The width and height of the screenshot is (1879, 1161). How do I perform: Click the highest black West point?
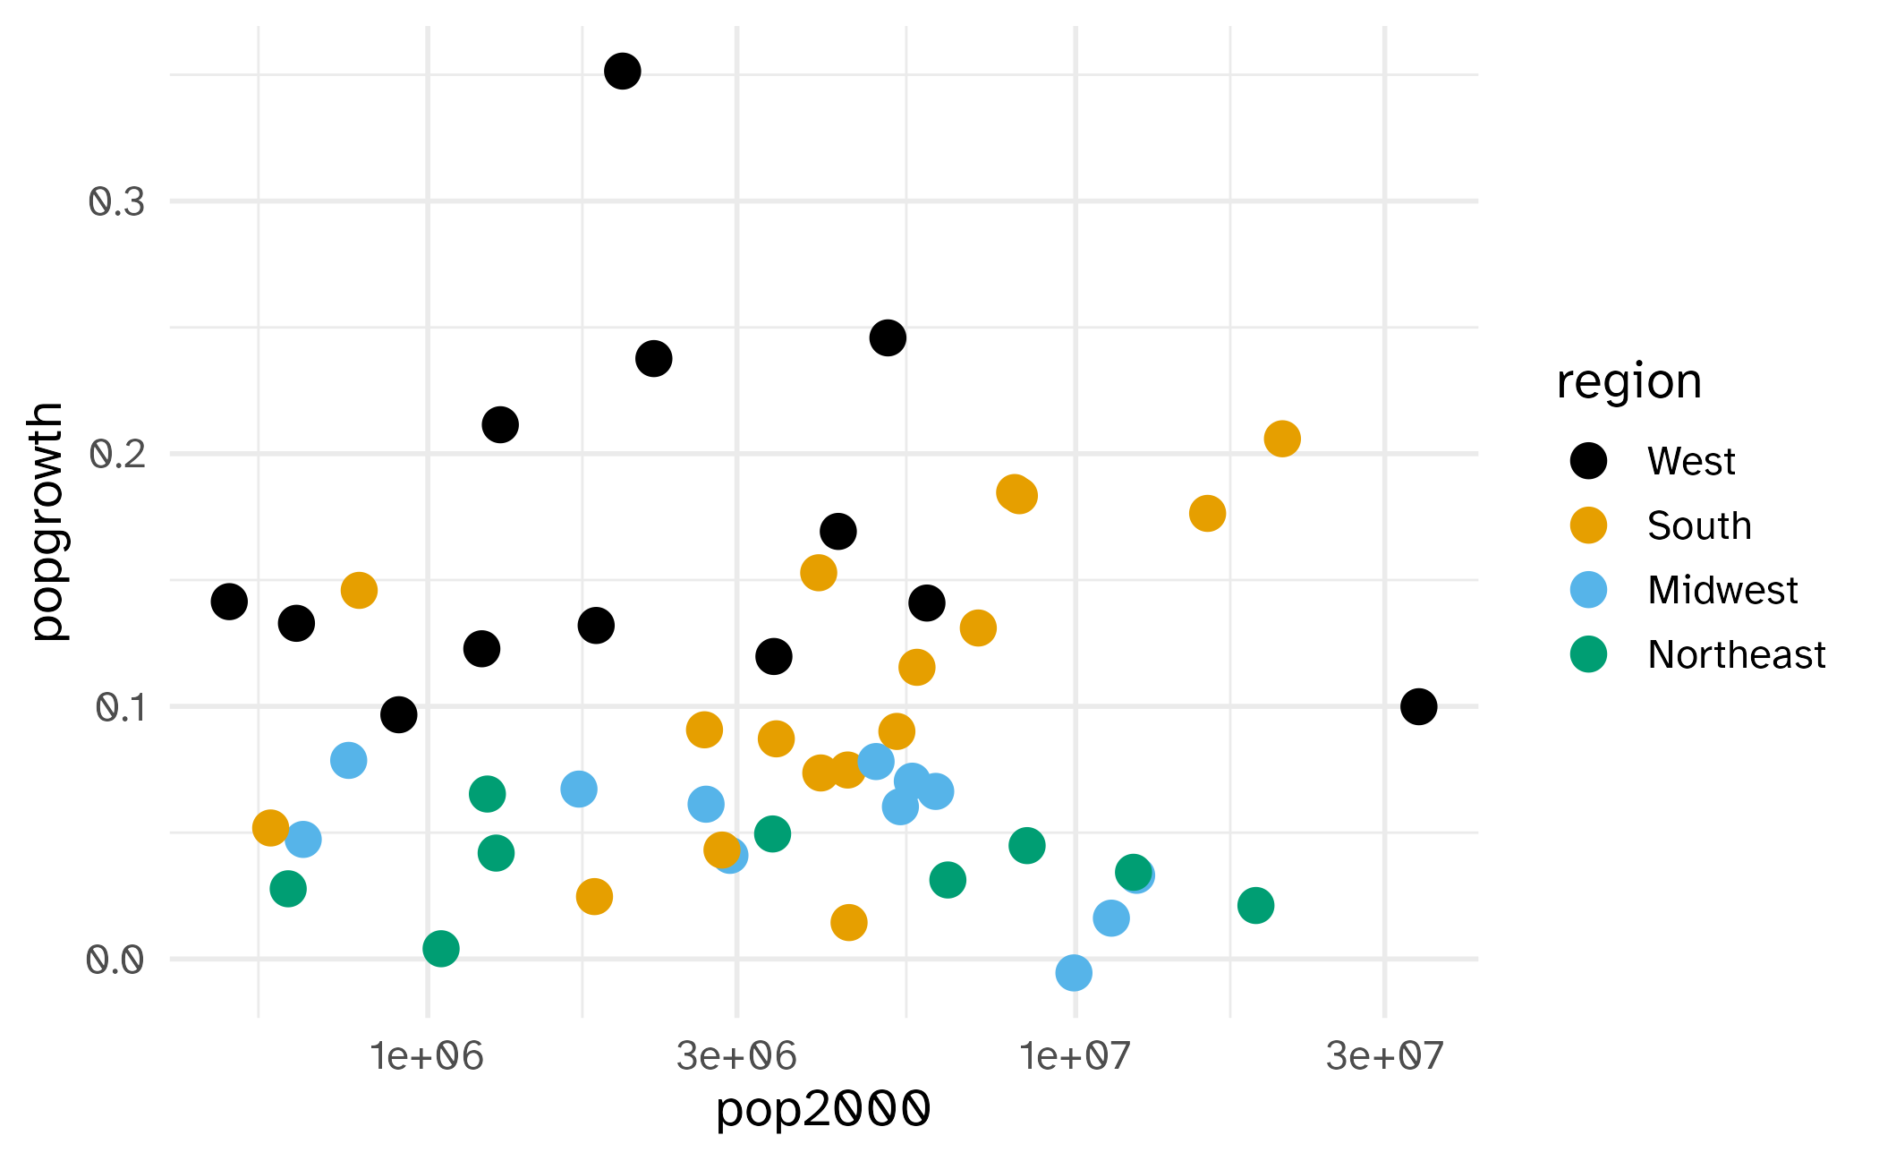(x=622, y=71)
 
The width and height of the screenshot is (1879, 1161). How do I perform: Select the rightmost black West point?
(x=1418, y=706)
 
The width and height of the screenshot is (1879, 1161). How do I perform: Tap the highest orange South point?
(x=1281, y=439)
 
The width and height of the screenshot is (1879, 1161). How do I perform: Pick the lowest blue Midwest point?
(x=1073, y=972)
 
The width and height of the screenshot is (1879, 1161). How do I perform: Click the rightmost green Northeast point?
(x=1255, y=905)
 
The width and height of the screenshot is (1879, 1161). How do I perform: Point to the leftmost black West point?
(x=229, y=602)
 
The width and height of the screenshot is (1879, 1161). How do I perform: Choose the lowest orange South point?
(x=848, y=922)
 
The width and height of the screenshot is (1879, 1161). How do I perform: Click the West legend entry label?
(x=1690, y=461)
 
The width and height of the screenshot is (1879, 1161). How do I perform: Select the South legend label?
(x=1698, y=525)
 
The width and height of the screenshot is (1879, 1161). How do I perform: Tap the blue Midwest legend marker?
(x=1588, y=590)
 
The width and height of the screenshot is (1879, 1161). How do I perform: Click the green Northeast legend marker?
(x=1588, y=654)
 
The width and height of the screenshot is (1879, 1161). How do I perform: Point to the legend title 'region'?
(x=1628, y=382)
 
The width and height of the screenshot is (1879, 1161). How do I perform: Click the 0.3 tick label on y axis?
(x=116, y=202)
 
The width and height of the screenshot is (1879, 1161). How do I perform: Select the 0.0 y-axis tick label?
(x=115, y=960)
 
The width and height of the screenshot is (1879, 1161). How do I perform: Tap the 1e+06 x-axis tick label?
(x=427, y=1056)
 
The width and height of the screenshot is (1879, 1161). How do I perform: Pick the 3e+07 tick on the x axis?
(x=1384, y=1056)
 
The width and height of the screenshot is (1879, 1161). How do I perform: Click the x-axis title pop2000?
(x=823, y=1109)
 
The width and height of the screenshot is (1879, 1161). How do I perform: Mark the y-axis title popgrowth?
(x=47, y=521)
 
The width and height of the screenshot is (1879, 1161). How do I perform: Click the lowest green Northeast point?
(x=440, y=948)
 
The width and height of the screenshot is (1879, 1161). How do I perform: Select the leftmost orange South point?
(x=270, y=828)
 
